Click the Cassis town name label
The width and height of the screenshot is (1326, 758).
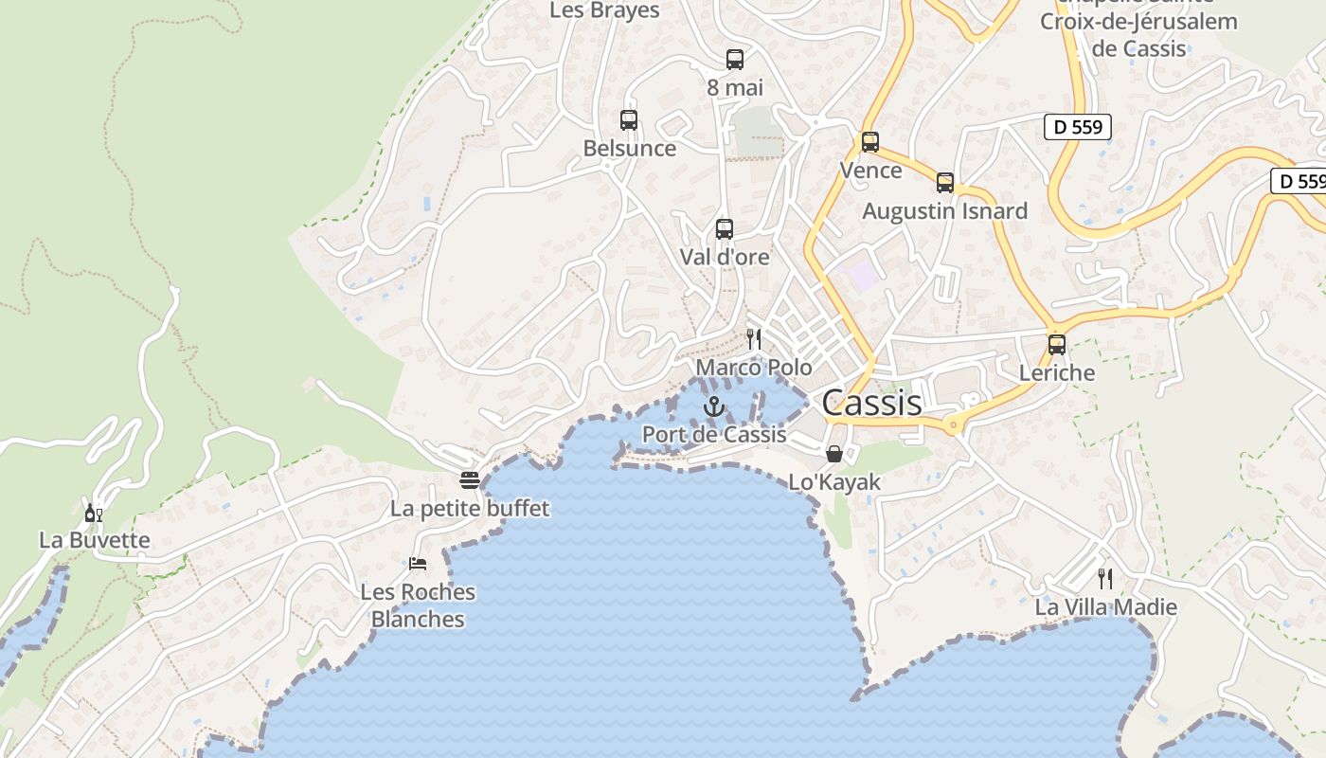(x=871, y=403)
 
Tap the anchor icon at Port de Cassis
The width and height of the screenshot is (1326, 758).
(x=714, y=407)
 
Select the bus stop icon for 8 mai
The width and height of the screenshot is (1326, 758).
(x=735, y=59)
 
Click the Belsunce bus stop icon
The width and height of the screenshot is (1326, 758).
(x=629, y=120)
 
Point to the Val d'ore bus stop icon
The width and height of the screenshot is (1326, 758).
(x=725, y=228)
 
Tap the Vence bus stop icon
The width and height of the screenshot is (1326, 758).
(x=870, y=142)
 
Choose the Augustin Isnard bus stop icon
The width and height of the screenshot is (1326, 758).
(x=945, y=183)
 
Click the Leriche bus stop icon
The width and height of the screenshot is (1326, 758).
(x=1057, y=345)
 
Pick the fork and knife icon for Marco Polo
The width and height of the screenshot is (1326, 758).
(x=754, y=338)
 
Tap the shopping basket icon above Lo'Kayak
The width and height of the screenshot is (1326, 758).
(x=834, y=454)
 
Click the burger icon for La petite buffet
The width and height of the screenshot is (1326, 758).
(x=470, y=479)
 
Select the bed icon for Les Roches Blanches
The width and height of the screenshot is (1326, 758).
(x=418, y=563)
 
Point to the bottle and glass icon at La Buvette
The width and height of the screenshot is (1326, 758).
(x=93, y=513)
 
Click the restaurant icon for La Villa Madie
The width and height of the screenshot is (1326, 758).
(x=1105, y=578)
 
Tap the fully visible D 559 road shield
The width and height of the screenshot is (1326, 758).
(x=1078, y=127)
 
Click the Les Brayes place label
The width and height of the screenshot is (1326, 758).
(x=604, y=10)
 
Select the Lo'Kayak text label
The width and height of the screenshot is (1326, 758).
(x=834, y=482)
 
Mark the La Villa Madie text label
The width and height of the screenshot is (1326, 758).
(x=1106, y=607)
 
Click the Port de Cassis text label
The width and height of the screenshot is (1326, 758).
(x=714, y=435)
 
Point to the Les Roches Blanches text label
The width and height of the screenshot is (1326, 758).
(x=418, y=605)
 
